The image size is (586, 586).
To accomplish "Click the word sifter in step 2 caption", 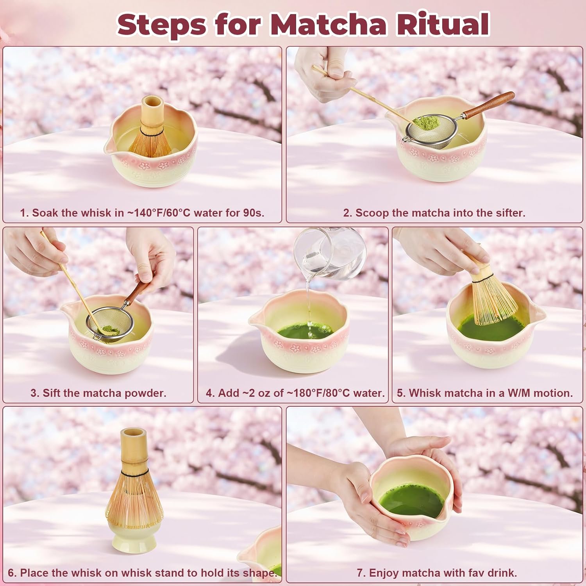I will pyautogui.click(x=510, y=213).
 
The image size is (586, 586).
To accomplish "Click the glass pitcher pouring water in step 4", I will pyautogui.click(x=330, y=254).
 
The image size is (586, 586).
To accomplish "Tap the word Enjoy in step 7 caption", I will pyautogui.click(x=382, y=573).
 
